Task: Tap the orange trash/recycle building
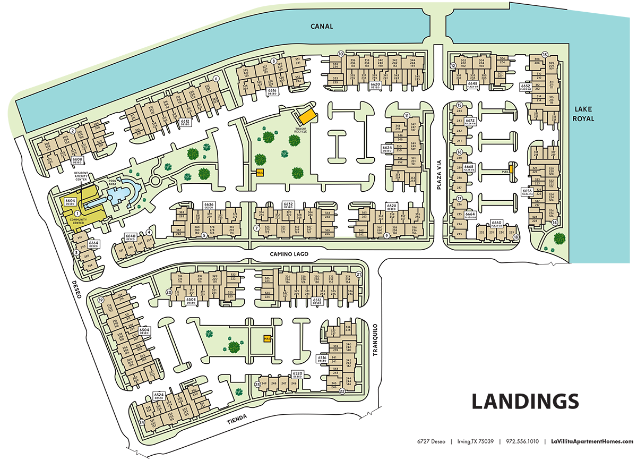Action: [x=305, y=115]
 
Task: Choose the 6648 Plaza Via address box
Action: [x=472, y=83]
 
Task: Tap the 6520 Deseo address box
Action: [x=297, y=374]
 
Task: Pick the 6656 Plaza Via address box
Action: [x=527, y=191]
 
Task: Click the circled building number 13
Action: [x=544, y=54]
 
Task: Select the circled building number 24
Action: [x=142, y=423]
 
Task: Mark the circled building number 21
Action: [x=359, y=275]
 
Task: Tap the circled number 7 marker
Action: [x=256, y=228]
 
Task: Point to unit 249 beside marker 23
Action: [x=263, y=383]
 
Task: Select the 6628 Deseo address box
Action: [x=392, y=206]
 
